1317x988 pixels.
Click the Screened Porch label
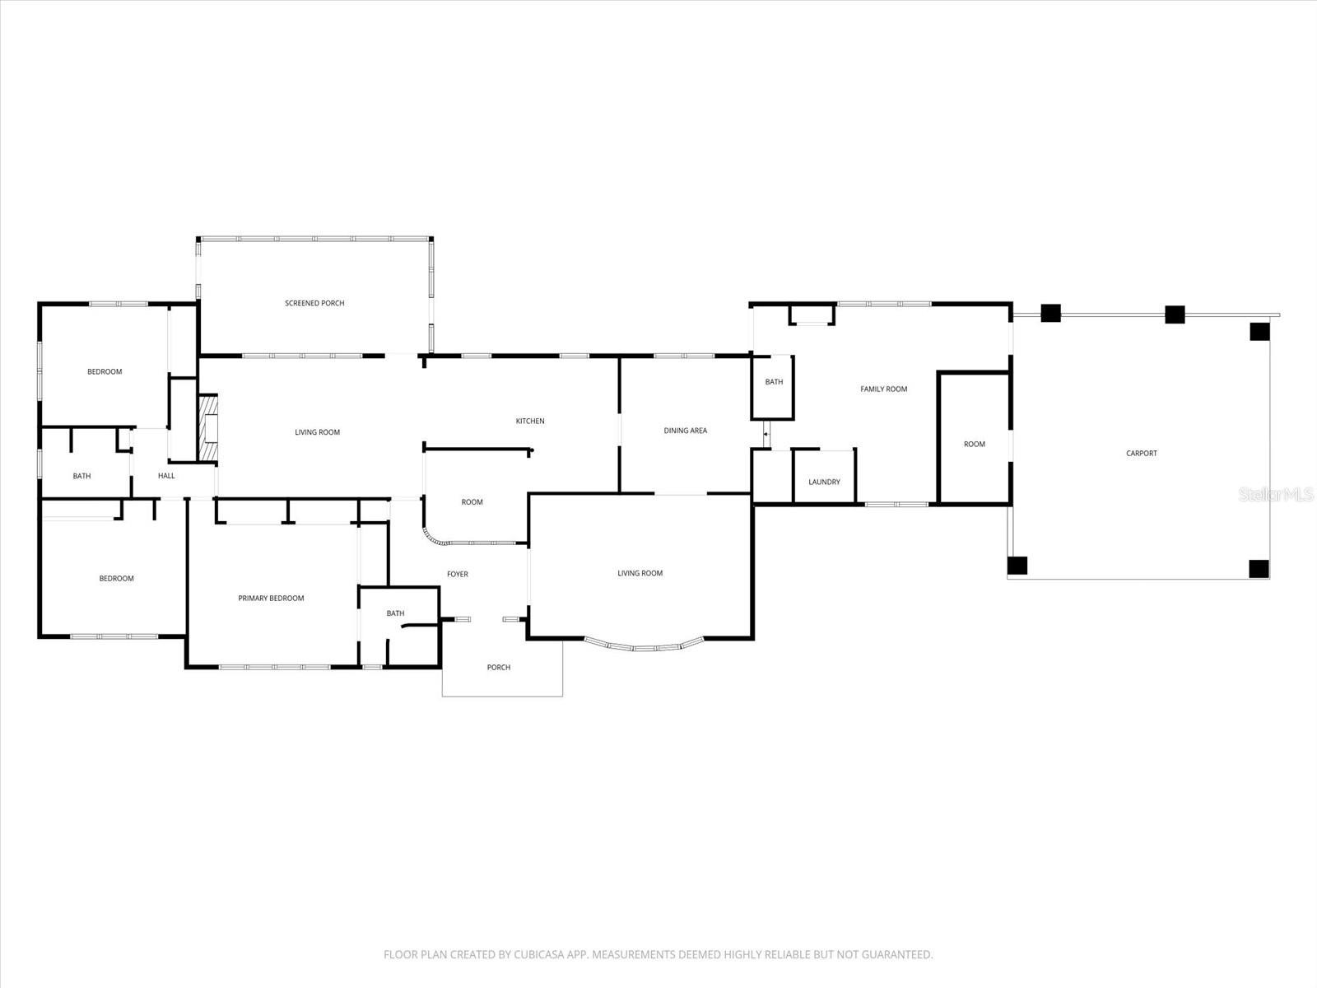tap(314, 303)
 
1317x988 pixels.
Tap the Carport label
tap(1141, 454)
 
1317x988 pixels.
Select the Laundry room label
tap(824, 482)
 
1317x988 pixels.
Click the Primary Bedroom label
tap(271, 599)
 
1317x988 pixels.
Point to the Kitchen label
tap(530, 422)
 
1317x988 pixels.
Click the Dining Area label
tap(685, 431)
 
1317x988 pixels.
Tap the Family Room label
tap(883, 389)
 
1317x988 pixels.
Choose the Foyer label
tap(457, 575)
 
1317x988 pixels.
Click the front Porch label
tap(498, 668)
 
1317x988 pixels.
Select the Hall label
tap(166, 476)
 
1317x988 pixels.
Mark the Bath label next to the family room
tap(774, 382)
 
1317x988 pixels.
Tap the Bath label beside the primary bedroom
tap(395, 613)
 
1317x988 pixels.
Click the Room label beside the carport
tap(974, 445)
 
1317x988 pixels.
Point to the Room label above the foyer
tap(472, 502)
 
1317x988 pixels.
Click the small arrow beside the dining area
tap(766, 434)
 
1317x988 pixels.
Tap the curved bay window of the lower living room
tap(645, 646)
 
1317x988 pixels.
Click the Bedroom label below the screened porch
tap(105, 372)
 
